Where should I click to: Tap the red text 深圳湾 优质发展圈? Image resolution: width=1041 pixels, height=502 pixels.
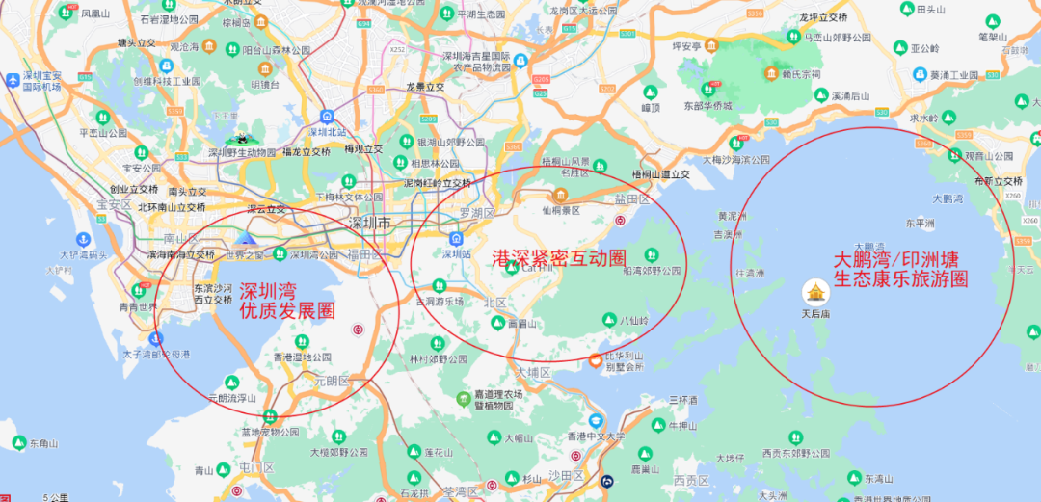(286, 301)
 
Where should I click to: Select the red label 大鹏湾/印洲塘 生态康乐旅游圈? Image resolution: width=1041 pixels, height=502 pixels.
(900, 270)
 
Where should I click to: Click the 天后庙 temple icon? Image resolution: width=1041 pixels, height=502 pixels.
(816, 292)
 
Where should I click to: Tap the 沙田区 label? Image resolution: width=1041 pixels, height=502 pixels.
(567, 476)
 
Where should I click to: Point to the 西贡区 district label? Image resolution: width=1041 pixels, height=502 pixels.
(691, 480)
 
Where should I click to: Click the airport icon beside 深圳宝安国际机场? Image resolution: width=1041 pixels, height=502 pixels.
(12, 79)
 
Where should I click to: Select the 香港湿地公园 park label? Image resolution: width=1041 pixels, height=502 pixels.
(302, 357)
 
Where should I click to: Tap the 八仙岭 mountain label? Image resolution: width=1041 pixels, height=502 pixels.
(633, 320)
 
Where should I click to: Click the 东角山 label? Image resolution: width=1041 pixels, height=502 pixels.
(43, 443)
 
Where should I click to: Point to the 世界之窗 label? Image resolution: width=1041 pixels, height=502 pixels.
(242, 254)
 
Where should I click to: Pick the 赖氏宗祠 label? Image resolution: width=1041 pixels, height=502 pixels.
(801, 73)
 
